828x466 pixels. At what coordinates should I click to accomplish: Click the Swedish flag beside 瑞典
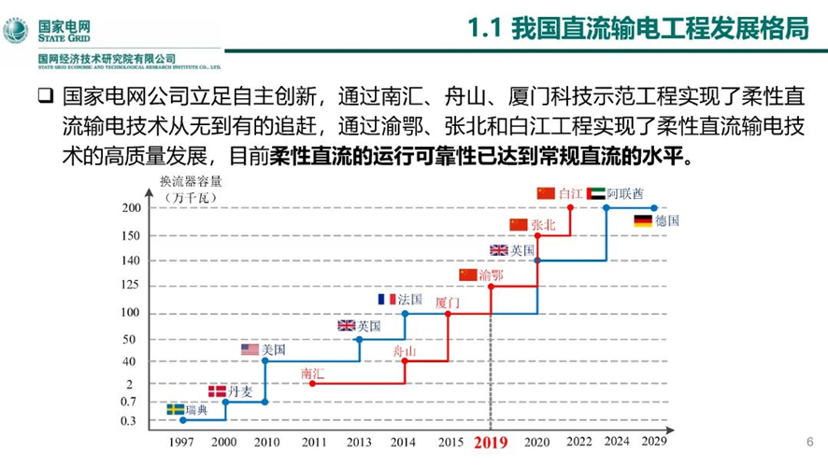(176, 410)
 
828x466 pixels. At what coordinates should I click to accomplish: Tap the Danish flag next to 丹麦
(217, 391)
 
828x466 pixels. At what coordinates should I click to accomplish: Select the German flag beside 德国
(642, 221)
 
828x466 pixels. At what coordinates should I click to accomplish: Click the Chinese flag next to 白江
(547, 193)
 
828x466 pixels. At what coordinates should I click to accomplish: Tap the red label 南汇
(312, 374)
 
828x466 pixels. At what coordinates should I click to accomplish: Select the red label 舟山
(404, 350)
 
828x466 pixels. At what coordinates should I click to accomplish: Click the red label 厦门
(448, 303)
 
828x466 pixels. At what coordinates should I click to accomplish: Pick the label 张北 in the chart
(543, 225)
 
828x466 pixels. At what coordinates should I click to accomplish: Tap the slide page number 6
(809, 441)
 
